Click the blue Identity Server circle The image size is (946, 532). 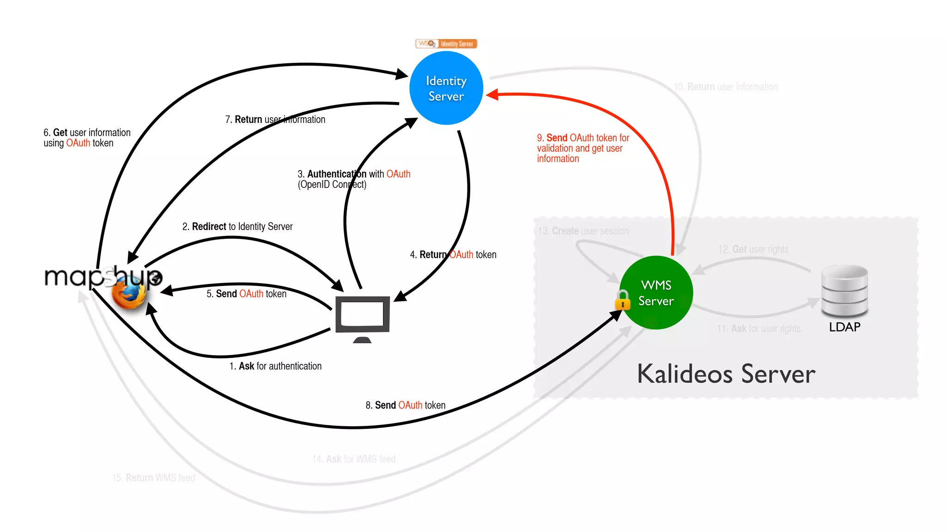click(x=446, y=88)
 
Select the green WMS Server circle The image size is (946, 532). click(x=656, y=293)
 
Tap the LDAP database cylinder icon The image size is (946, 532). click(x=844, y=291)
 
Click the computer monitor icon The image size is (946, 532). click(x=363, y=316)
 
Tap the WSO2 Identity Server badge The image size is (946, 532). click(x=446, y=44)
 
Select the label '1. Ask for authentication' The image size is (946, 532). click(x=275, y=366)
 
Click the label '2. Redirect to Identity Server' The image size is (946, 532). click(x=237, y=227)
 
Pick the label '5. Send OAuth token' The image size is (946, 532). click(x=246, y=294)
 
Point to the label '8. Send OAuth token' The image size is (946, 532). click(x=405, y=405)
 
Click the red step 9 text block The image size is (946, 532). click(x=582, y=148)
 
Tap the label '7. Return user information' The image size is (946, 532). click(x=275, y=120)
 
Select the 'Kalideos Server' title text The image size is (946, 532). click(x=726, y=374)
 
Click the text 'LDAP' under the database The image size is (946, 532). click(x=844, y=327)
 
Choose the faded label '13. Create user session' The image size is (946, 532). click(x=583, y=231)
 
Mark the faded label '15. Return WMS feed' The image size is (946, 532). click(x=153, y=478)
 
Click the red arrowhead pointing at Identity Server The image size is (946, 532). click(x=492, y=95)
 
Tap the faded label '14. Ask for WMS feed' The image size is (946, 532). click(x=354, y=459)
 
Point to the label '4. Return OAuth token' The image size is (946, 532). click(x=453, y=255)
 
